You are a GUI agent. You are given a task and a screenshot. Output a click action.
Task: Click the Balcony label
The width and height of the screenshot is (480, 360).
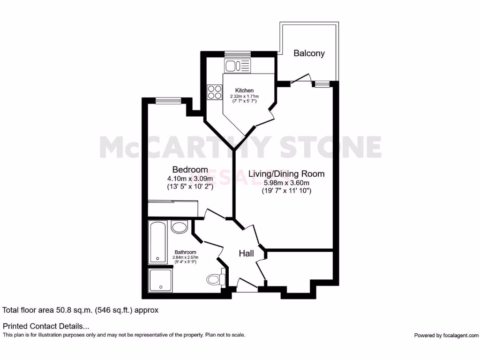[x=309, y=53]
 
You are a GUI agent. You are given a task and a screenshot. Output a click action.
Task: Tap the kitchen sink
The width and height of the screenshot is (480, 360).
[x=237, y=66]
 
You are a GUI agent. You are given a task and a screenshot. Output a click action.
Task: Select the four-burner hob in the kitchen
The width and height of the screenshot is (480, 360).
[x=215, y=91]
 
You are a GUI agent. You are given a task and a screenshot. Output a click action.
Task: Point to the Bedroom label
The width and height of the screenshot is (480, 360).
[x=190, y=169]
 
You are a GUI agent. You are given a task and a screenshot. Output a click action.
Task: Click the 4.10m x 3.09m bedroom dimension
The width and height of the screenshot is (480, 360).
[x=190, y=178]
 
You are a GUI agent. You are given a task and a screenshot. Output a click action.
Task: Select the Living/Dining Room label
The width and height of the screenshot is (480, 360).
[x=286, y=174]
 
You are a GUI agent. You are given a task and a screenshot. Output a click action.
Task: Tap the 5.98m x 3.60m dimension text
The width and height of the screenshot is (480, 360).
[x=286, y=183]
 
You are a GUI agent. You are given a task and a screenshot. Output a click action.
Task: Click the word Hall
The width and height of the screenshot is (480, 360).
[x=246, y=254]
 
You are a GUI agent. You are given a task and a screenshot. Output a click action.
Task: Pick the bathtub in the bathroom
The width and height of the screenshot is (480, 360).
[x=157, y=242]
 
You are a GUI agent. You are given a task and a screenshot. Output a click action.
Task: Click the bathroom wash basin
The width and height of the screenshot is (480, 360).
[x=179, y=227]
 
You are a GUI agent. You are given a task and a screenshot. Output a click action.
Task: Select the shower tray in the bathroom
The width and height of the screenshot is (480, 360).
[x=160, y=280]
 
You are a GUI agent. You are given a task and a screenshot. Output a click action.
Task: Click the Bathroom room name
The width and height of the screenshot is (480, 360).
[x=186, y=252]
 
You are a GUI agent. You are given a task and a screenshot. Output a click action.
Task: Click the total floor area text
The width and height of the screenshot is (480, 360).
[x=81, y=310]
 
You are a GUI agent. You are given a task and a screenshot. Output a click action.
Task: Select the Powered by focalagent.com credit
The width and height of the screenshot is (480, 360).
[x=446, y=335]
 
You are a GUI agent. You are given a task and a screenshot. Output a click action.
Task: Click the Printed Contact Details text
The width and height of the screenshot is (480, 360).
[x=46, y=326]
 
